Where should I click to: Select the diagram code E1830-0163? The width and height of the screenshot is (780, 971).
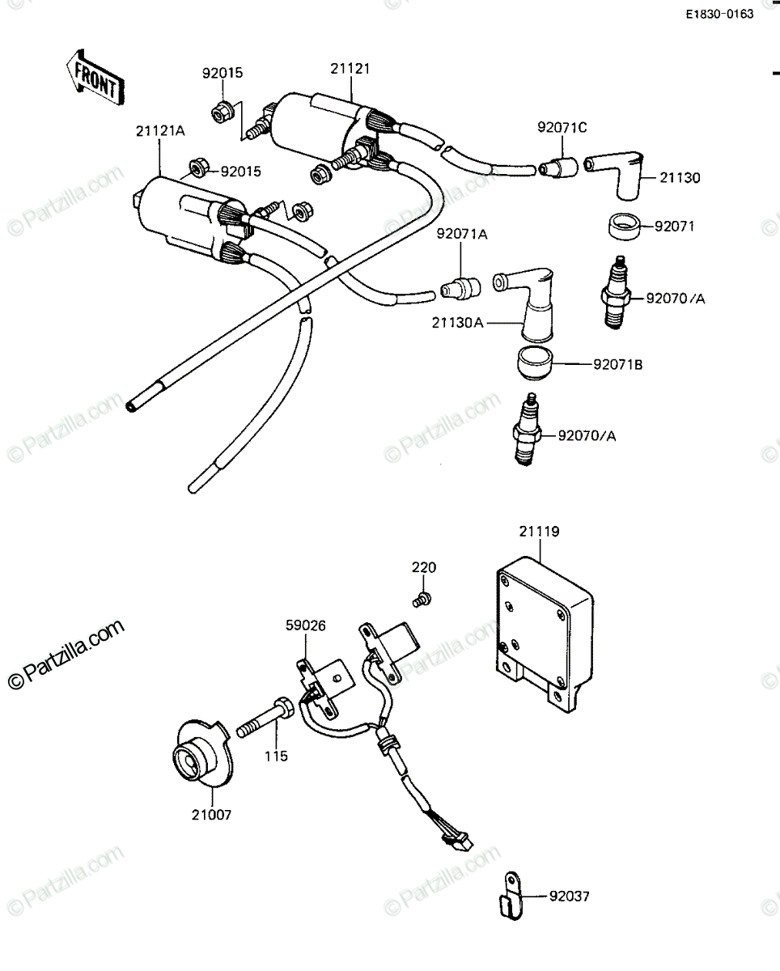719,15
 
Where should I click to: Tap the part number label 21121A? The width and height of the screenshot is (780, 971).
160,131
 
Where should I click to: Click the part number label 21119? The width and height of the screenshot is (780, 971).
539,532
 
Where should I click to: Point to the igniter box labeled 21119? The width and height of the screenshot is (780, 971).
545,634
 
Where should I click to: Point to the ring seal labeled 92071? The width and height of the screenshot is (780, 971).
625,227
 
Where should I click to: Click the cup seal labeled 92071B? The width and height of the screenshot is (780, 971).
535,363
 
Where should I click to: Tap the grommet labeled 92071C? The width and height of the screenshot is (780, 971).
558,167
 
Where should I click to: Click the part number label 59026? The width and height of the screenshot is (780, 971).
305,625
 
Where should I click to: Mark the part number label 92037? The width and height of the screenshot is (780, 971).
570,896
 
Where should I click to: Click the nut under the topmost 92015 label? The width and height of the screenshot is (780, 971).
222,111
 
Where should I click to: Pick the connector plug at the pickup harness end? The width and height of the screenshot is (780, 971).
457,842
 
